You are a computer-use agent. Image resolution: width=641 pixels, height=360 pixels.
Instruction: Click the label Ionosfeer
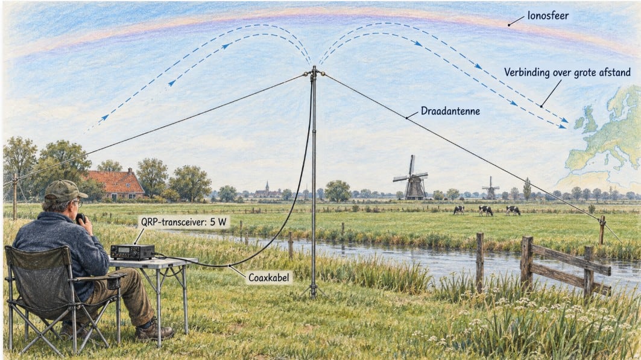pos(548,16)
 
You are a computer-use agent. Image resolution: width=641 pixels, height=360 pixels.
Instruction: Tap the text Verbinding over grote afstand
pos(567,73)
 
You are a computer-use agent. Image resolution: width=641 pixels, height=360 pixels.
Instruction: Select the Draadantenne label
pos(450,111)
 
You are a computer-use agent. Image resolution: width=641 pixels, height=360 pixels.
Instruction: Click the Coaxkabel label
pos(268,278)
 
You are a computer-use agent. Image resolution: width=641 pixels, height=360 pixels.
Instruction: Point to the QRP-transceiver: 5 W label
pos(183,223)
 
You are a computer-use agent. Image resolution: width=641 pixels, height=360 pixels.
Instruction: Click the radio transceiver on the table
pos(133,251)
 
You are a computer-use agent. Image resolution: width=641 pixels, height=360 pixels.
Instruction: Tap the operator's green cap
pos(64,191)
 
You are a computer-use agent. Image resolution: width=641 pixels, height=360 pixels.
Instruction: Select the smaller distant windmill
pos(491,188)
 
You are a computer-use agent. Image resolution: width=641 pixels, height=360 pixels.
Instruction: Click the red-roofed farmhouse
pos(116,183)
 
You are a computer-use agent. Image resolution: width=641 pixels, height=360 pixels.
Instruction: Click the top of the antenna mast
pos(314,69)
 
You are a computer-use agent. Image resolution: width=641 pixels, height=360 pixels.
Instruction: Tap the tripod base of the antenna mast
pos(314,290)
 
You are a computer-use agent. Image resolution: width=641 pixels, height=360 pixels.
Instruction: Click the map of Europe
pos(604,135)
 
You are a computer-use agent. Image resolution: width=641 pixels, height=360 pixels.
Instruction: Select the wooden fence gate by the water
pos(566,265)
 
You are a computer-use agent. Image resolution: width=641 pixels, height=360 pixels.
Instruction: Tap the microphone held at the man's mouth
pos(81,218)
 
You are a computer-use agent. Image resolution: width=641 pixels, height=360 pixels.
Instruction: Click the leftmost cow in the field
pos(459,210)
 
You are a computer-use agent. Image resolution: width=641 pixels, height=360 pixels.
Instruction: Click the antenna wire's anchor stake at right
pos(602,230)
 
